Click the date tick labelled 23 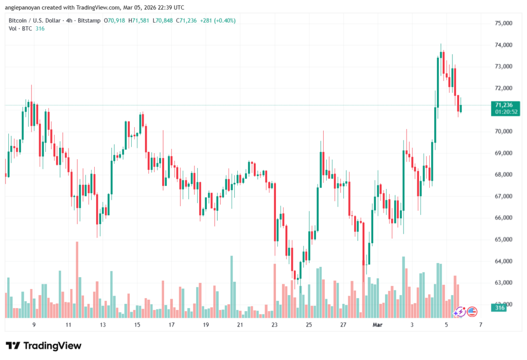[274, 325]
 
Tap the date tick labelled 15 [137, 325]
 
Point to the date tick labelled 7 [480, 325]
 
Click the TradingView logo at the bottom [44, 346]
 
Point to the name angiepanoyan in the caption [24, 7]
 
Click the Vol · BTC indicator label [20, 28]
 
